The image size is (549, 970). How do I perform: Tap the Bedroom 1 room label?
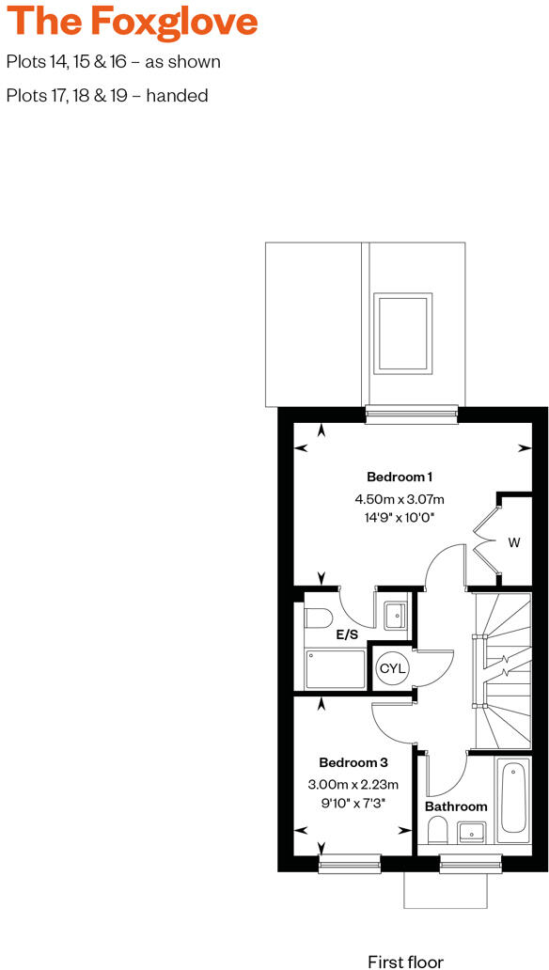click(x=400, y=476)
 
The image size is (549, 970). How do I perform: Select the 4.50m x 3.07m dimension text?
click(x=400, y=498)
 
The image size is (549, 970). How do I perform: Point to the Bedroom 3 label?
click(x=353, y=762)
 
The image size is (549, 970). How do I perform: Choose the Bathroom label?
click(x=456, y=806)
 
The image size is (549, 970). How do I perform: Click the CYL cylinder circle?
click(x=391, y=668)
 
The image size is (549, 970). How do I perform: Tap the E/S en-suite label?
click(x=348, y=635)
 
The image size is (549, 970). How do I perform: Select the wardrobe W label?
click(x=514, y=542)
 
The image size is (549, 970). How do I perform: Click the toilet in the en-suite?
click(x=316, y=618)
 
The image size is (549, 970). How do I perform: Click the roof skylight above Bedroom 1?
click(x=403, y=332)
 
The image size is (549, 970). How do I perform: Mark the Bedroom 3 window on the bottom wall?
click(x=351, y=865)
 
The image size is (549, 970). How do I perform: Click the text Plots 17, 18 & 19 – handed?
click(x=106, y=96)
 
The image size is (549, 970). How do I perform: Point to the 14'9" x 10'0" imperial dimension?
click(x=400, y=518)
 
